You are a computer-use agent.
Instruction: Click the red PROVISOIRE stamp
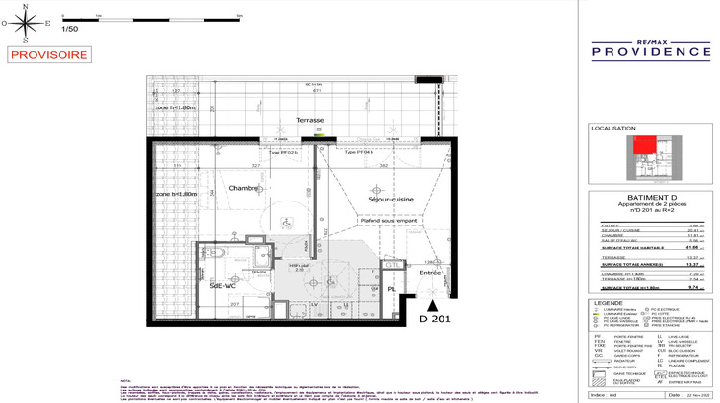click(x=46, y=56)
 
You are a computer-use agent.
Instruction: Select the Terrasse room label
click(x=309, y=120)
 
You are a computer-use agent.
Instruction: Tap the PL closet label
click(x=391, y=288)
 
